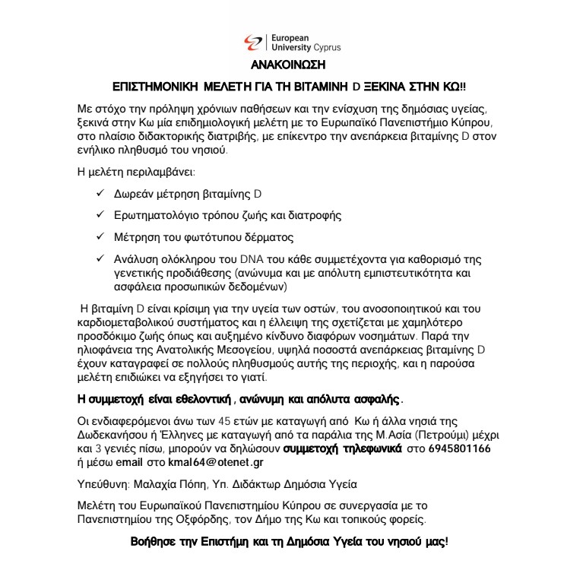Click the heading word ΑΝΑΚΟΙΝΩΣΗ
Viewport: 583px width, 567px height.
tap(291, 65)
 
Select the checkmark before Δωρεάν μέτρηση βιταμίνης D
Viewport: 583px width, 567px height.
tap(100, 195)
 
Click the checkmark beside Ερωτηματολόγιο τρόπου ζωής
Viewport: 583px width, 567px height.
tap(100, 216)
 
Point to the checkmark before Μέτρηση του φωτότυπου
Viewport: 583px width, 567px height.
tap(100, 237)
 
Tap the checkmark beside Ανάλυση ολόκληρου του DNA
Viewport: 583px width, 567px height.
tap(100, 258)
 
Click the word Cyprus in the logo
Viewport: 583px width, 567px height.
tap(327, 47)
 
